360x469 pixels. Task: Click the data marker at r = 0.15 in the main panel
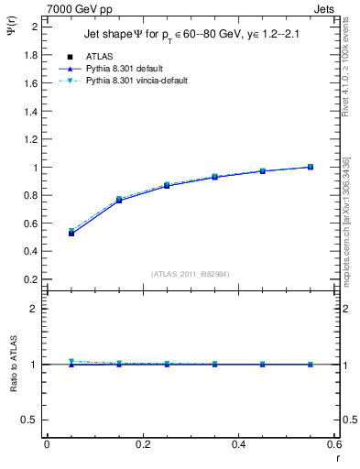119,199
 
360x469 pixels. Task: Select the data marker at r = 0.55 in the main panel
311,167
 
